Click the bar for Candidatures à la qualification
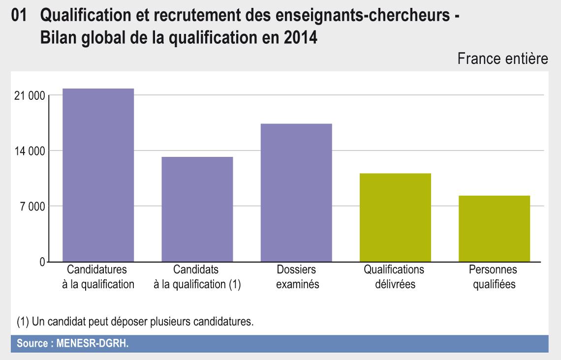point(98,175)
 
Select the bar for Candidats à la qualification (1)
point(197,209)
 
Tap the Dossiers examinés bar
point(296,192)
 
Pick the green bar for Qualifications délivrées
point(395,217)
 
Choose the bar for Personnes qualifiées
point(494,228)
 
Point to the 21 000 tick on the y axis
point(30,95)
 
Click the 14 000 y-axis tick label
point(30,151)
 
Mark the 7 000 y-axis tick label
point(31,206)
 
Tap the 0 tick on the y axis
point(42,262)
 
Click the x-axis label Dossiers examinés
point(296,277)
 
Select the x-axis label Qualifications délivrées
point(394,277)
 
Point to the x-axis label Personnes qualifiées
point(493,277)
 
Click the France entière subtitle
point(502,59)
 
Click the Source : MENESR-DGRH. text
point(72,343)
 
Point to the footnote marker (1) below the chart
point(23,322)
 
